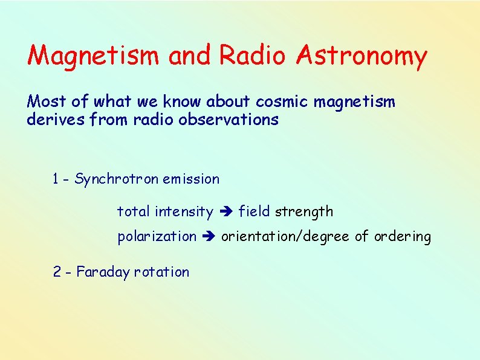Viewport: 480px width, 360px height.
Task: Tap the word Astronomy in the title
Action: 362,56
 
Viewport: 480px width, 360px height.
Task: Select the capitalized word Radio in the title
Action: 252,56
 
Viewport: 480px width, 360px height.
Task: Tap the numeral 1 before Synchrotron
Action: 56,179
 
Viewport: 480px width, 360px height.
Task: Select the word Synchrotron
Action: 116,179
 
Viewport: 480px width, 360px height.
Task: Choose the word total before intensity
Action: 134,211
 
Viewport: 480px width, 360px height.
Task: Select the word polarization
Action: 157,237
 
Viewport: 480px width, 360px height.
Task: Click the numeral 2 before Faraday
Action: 57,272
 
